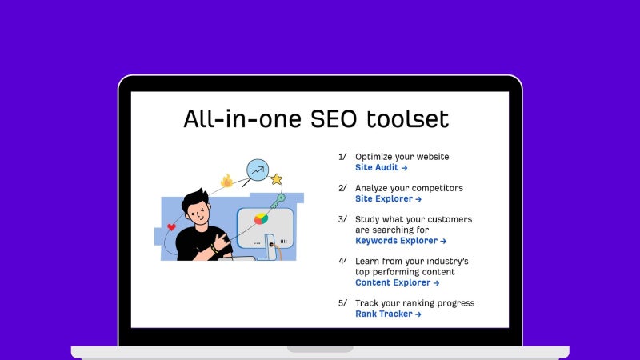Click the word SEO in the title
(333, 119)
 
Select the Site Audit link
(382, 167)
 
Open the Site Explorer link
(388, 198)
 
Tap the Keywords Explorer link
(401, 241)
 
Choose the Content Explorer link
(397, 282)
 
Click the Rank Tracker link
(388, 314)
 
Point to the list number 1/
(342, 157)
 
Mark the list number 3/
(342, 219)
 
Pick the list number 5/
(342, 303)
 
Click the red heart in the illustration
(171, 227)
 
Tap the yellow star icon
(277, 178)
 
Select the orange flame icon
(227, 181)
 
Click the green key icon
(278, 201)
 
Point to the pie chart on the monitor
(262, 218)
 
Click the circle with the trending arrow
(258, 170)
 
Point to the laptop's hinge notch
(320, 349)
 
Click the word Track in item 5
(366, 303)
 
